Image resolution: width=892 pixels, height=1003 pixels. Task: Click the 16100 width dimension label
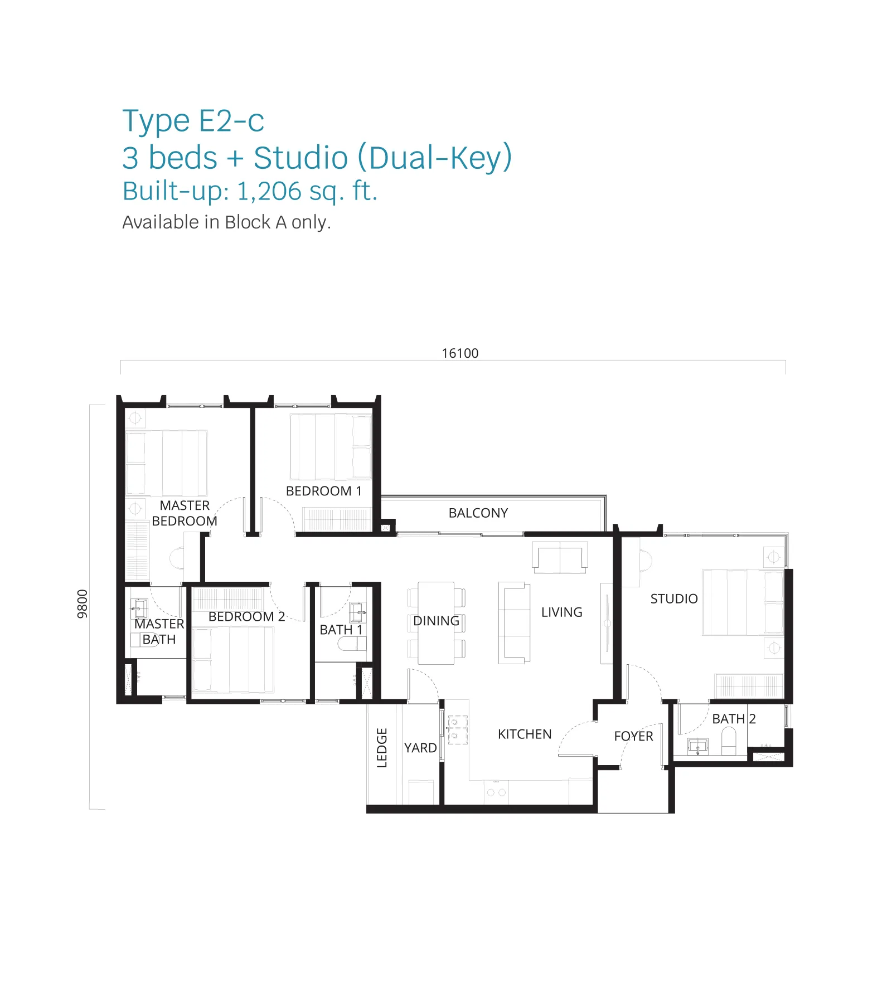(x=460, y=353)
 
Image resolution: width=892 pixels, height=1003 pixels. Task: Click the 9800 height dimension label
(x=83, y=604)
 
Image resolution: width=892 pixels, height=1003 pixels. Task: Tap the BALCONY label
(x=478, y=513)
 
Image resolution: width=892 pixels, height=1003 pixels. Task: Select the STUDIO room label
(x=674, y=599)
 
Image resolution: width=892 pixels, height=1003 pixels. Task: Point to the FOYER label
(x=633, y=736)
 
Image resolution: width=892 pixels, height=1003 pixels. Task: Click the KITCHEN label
(x=525, y=734)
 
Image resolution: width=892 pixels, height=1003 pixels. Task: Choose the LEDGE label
(x=382, y=748)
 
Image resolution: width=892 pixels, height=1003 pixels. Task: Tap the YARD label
(x=420, y=748)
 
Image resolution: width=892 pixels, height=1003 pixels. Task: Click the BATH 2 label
(x=734, y=719)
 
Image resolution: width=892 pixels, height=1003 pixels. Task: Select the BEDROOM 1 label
(x=324, y=491)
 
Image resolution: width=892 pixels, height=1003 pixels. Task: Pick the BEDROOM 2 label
(x=246, y=616)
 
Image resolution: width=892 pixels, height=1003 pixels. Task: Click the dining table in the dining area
(x=436, y=623)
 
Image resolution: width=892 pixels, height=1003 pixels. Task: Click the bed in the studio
(x=743, y=602)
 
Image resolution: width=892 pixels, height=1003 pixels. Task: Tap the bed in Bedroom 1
(x=331, y=447)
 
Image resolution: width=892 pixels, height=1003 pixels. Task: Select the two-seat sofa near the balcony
(x=560, y=557)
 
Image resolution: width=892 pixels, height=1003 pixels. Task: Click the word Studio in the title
(x=301, y=158)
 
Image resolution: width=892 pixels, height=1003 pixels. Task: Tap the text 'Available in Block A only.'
(x=226, y=222)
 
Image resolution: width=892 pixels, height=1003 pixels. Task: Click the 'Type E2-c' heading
(x=193, y=121)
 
